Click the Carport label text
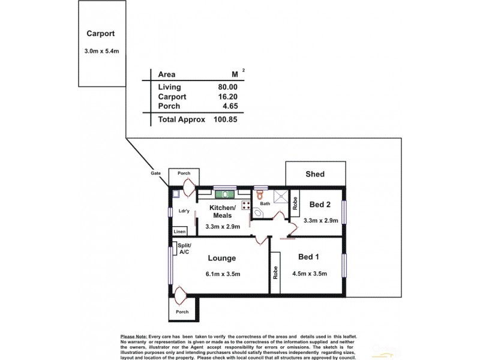click(x=100, y=34)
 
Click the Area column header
click(x=166, y=75)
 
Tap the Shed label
click(x=315, y=175)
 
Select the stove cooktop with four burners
click(x=246, y=205)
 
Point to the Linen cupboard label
click(x=179, y=231)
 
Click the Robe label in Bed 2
click(x=295, y=203)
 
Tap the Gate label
click(x=157, y=173)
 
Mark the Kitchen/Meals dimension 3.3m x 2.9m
click(x=223, y=227)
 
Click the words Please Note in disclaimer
click(x=135, y=337)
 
